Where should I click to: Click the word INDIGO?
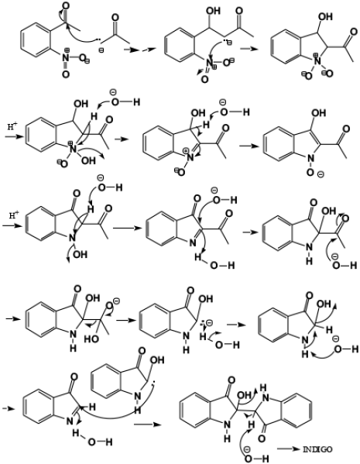[317, 449]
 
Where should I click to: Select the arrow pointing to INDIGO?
[289, 449]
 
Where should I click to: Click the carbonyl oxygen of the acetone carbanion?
[115, 18]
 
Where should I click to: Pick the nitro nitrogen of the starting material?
[66, 57]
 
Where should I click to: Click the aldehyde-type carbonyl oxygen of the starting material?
[66, 5]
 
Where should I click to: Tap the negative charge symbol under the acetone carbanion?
[101, 50]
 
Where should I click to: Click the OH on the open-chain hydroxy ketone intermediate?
[213, 11]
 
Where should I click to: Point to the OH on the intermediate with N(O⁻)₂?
[326, 17]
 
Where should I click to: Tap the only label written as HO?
[92, 339]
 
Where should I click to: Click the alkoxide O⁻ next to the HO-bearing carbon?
[111, 304]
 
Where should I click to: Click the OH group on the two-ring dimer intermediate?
[245, 395]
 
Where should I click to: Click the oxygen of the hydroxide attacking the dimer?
[249, 459]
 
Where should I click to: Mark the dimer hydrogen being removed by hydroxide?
[252, 425]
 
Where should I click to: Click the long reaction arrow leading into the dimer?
[148, 424]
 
